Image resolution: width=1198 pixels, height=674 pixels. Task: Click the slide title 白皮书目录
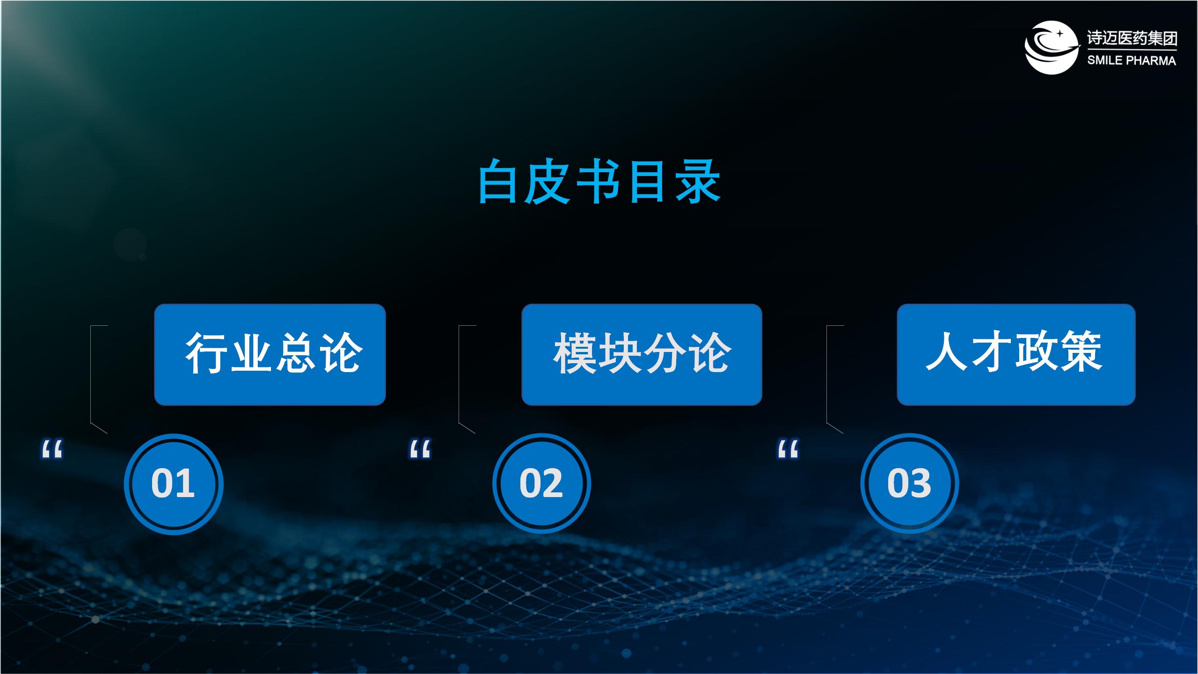pyautogui.click(x=599, y=182)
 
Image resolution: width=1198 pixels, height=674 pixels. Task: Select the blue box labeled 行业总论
pyautogui.click(x=270, y=354)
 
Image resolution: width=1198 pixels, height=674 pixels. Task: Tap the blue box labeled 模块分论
pyautogui.click(x=642, y=354)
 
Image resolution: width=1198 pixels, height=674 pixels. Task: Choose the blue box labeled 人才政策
pyautogui.click(x=1016, y=354)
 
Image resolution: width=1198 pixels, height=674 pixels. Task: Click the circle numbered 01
pyautogui.click(x=174, y=484)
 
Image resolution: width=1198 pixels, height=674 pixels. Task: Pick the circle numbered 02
pyautogui.click(x=541, y=484)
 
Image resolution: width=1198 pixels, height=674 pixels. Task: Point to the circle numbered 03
pyautogui.click(x=909, y=484)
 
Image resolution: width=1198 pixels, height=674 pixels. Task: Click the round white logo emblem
pyautogui.click(x=1051, y=47)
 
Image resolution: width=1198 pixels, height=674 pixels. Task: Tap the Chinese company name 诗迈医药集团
pyautogui.click(x=1132, y=38)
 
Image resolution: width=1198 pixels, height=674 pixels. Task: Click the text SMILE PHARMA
pyautogui.click(x=1132, y=60)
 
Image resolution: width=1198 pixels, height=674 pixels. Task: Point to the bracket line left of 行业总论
pyautogui.click(x=91, y=374)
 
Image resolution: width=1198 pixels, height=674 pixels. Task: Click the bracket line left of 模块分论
pyautogui.click(x=459, y=374)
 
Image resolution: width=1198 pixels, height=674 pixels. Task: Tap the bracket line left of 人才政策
pyautogui.click(x=827, y=374)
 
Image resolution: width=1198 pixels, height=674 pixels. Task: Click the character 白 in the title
pyautogui.click(x=499, y=182)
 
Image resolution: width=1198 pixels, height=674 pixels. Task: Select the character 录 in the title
pyautogui.click(x=698, y=182)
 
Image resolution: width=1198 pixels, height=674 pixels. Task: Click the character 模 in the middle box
pyautogui.click(x=575, y=353)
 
